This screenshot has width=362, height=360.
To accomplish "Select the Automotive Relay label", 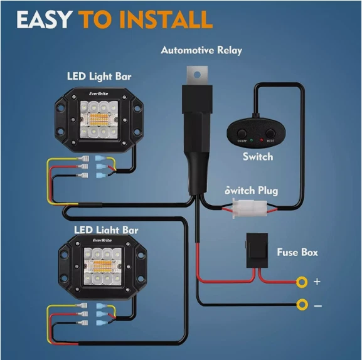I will (201, 50).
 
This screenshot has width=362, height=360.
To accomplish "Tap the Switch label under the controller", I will (257, 157).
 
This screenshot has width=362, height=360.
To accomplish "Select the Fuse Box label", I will (297, 252).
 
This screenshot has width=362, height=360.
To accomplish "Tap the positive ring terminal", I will (302, 282).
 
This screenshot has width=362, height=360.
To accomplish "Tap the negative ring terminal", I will (302, 305).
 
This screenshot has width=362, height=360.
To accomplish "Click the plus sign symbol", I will (317, 282).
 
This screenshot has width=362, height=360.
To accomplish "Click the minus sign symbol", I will (317, 305).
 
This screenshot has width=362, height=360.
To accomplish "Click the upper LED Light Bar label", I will (99, 77).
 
